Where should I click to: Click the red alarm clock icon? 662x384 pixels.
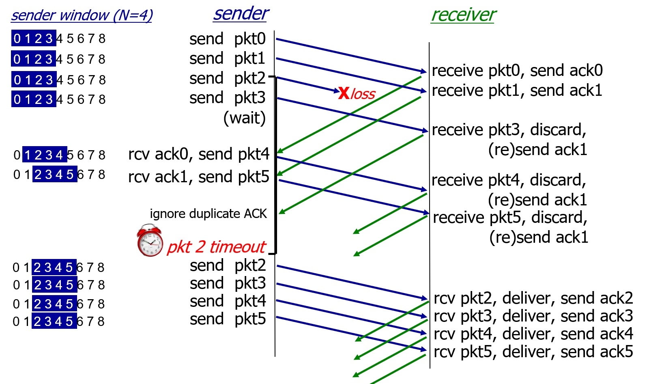coord(150,241)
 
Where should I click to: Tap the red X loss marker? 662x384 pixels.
coord(344,93)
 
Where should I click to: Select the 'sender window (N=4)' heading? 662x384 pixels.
coord(82,15)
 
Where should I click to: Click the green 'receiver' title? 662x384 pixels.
coord(463,15)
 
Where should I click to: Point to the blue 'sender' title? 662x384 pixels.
coord(241,13)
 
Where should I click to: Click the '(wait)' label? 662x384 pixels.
coord(245,118)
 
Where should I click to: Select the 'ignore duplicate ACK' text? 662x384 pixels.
coord(208,214)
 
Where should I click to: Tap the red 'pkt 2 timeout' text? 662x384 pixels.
coord(216,247)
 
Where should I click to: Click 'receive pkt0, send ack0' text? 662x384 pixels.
coord(517,71)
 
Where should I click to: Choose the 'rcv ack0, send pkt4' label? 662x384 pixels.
coord(198,154)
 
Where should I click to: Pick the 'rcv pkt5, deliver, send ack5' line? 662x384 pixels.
coord(533,352)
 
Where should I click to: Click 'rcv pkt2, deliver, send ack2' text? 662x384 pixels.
coord(533,298)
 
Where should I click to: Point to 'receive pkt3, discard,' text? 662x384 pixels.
coord(509,130)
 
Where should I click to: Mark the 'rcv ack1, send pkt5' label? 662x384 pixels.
coord(198,177)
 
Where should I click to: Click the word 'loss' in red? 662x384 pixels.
coord(363,94)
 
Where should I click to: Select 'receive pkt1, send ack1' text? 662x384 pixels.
coord(517,91)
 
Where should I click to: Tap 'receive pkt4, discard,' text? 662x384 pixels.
coord(509,180)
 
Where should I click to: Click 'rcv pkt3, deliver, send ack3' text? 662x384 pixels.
coord(533,316)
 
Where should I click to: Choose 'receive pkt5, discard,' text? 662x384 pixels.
coord(510,218)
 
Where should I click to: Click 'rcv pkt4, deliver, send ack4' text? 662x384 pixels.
coord(533,334)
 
